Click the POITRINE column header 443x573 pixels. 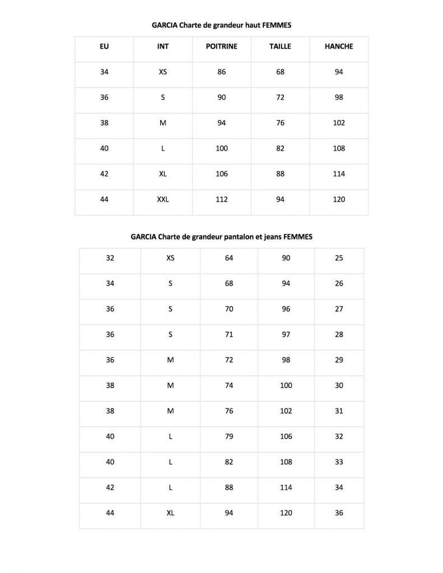pyautogui.click(x=222, y=46)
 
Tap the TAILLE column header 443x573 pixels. pyautogui.click(x=280, y=46)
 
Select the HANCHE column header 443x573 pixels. pyautogui.click(x=339, y=46)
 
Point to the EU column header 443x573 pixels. pyautogui.click(x=104, y=46)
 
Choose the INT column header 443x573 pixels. pyautogui.click(x=163, y=46)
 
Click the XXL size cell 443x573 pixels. pyautogui.click(x=163, y=199)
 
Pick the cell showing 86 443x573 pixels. pyautogui.click(x=222, y=72)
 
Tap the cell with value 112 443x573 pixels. pyautogui.click(x=222, y=199)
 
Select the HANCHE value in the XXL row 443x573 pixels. pyautogui.click(x=339, y=199)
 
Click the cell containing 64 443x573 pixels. pyautogui.click(x=229, y=258)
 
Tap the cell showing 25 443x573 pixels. pyautogui.click(x=339, y=258)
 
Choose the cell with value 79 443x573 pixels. pyautogui.click(x=229, y=436)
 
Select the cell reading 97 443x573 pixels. pyautogui.click(x=286, y=335)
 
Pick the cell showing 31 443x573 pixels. pyautogui.click(x=339, y=411)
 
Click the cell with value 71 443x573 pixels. pyautogui.click(x=229, y=335)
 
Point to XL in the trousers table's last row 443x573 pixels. pyautogui.click(x=170, y=513)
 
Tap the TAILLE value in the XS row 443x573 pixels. pyautogui.click(x=280, y=72)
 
